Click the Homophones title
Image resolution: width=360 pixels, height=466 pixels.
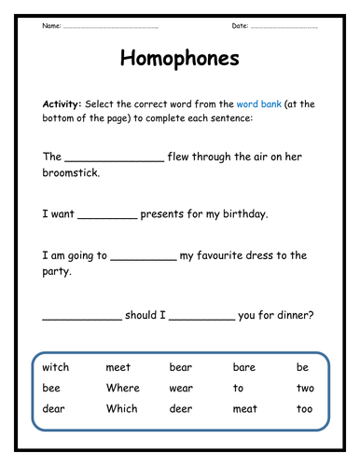coord(180,59)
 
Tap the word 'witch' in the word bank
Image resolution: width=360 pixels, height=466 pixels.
coord(55,367)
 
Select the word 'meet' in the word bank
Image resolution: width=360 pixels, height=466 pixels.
coord(118,367)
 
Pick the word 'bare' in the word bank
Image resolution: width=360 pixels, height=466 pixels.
coord(243,367)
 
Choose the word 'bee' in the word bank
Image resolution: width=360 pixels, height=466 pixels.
coord(50,388)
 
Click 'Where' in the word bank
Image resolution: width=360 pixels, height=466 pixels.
coord(122,388)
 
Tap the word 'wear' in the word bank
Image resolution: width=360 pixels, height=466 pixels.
coord(181,388)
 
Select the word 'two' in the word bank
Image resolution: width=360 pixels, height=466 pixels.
coord(304,388)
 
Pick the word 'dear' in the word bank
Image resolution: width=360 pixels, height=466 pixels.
coord(53,408)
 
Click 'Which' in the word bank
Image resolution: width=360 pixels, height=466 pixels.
coord(121,408)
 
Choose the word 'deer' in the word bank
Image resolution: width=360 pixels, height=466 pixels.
coord(181,408)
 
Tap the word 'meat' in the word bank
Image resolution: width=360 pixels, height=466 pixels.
coord(244,408)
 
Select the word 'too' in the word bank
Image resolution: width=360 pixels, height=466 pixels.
coord(304,408)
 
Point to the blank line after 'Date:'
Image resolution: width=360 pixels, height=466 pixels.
coord(284,27)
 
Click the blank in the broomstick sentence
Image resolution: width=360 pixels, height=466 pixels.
coord(114,159)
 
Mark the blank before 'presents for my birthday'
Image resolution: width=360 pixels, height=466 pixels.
coord(108,216)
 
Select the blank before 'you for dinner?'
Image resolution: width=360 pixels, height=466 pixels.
coord(201,318)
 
